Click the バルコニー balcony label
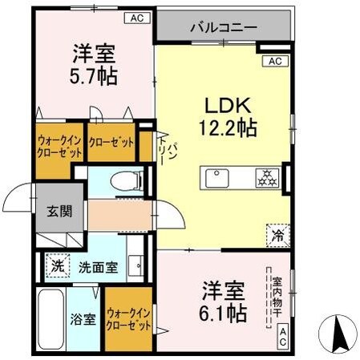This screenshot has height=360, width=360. [224, 27]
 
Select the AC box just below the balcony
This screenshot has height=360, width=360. [273, 61]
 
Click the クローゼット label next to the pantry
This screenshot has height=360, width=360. [111, 143]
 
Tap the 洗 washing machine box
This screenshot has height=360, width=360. [56, 265]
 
